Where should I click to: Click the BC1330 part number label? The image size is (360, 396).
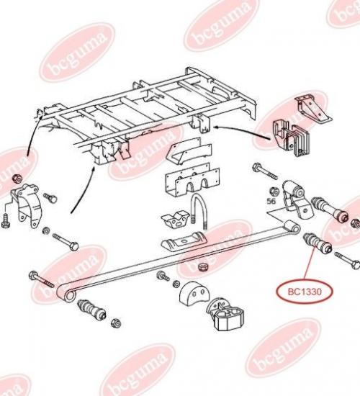click(x=305, y=292)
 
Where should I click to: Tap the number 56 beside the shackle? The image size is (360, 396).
click(x=272, y=202)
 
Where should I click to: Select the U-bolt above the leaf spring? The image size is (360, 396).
click(x=200, y=212)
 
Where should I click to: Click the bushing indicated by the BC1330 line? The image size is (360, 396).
click(x=317, y=243)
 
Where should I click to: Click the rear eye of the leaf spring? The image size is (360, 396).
click(x=292, y=227)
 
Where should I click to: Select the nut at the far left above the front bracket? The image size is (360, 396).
click(x=17, y=179)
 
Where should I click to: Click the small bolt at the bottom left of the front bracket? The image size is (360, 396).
click(x=5, y=222)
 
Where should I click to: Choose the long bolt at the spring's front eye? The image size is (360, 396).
click(x=42, y=280)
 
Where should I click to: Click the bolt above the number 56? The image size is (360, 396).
click(x=265, y=171)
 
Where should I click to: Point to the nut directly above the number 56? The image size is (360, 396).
click(x=274, y=192)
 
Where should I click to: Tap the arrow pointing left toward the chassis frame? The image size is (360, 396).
click(x=241, y=132)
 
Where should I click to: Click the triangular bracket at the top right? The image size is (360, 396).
click(x=314, y=108)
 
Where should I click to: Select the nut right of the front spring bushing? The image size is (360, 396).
click(x=117, y=323)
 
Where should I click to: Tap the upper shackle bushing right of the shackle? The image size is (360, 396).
click(x=330, y=209)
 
